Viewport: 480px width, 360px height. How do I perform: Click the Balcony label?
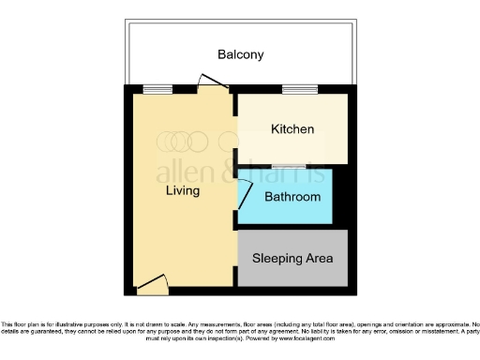click(240, 54)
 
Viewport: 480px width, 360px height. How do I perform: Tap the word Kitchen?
click(292, 129)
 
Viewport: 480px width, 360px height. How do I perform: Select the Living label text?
click(183, 191)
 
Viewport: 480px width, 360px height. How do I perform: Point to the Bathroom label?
click(292, 198)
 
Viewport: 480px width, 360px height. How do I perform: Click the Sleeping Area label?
click(292, 257)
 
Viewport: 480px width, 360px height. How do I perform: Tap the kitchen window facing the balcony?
click(299, 90)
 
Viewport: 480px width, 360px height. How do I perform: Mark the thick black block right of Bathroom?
click(341, 198)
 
